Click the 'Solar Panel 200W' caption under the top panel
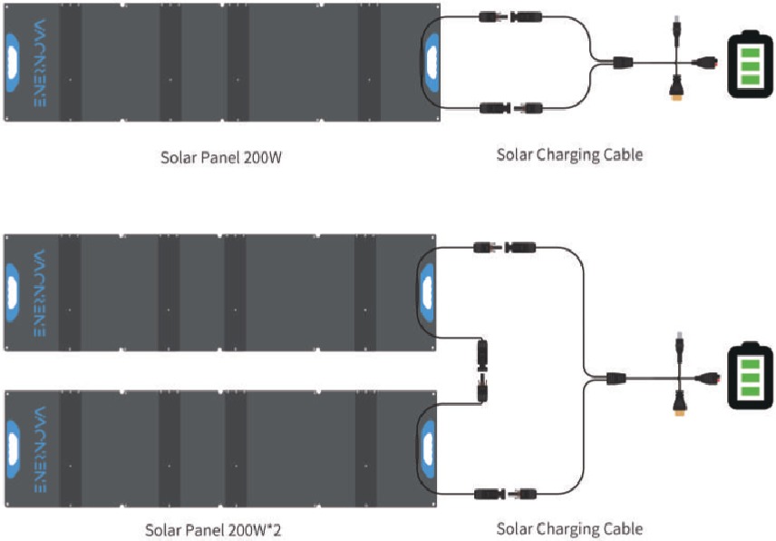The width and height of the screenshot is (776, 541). pyautogui.click(x=221, y=158)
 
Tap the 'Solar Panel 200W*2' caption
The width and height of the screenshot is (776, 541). pyautogui.click(x=213, y=529)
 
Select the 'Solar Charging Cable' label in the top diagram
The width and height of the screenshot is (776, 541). pyautogui.click(x=569, y=154)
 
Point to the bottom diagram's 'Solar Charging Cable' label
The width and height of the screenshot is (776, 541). pyautogui.click(x=569, y=528)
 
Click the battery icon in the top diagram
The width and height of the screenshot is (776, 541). pyautogui.click(x=750, y=64)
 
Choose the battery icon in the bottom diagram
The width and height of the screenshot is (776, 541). pyautogui.click(x=751, y=376)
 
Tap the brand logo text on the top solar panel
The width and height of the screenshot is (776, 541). pyautogui.click(x=40, y=63)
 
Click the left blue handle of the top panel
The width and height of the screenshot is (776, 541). pyautogui.click(x=13, y=63)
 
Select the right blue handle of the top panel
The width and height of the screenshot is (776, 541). pyautogui.click(x=432, y=63)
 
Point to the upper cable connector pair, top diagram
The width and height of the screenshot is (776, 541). pyautogui.click(x=510, y=17)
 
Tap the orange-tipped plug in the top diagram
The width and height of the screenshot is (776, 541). pyautogui.click(x=676, y=89)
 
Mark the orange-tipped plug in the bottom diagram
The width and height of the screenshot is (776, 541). pyautogui.click(x=680, y=403)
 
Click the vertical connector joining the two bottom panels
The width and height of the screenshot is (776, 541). pyautogui.click(x=481, y=370)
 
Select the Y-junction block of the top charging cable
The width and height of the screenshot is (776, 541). pyautogui.click(x=623, y=63)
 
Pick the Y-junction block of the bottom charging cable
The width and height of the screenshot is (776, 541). pyautogui.click(x=616, y=378)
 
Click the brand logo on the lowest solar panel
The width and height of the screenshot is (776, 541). pyautogui.click(x=40, y=449)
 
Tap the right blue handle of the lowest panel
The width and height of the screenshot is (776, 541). pyautogui.click(x=428, y=449)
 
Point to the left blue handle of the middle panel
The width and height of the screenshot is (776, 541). pyautogui.click(x=12, y=293)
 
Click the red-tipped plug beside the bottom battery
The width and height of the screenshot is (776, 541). pyautogui.click(x=707, y=379)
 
